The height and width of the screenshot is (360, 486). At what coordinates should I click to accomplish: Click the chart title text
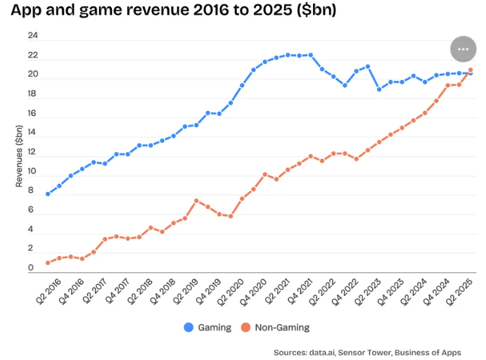coord(172,11)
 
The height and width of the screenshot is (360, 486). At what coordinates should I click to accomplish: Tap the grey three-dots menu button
coord(463,49)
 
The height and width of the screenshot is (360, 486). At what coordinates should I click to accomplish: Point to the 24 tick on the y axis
coord(32,36)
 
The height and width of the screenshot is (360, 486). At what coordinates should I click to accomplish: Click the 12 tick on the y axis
coord(32,152)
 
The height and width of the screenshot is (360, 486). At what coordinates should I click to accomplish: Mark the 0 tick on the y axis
coord(31,268)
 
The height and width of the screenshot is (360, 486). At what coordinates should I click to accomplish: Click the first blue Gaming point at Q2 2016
coord(48,194)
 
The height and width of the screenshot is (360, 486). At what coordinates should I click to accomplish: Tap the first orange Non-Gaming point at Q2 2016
coord(48,263)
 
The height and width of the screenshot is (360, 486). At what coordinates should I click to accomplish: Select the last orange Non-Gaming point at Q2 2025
coord(471,70)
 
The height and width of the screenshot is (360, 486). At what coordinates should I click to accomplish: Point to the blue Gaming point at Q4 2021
coord(311,55)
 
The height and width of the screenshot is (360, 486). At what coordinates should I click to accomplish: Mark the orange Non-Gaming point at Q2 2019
coord(197,201)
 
